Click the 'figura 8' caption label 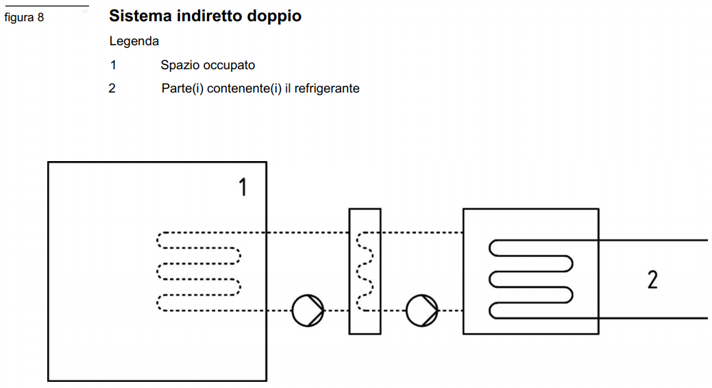click(24, 17)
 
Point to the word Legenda click(134, 41)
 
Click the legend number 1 click(113, 65)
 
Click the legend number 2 click(112, 88)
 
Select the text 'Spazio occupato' click(208, 65)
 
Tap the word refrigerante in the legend click(328, 88)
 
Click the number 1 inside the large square click(242, 186)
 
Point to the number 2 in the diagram click(652, 279)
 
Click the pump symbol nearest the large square click(308, 311)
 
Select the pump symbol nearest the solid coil click(421, 311)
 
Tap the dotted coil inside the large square click(199, 272)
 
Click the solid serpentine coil click(531, 279)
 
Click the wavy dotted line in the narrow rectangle click(364, 271)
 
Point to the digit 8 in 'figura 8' click(40, 17)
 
